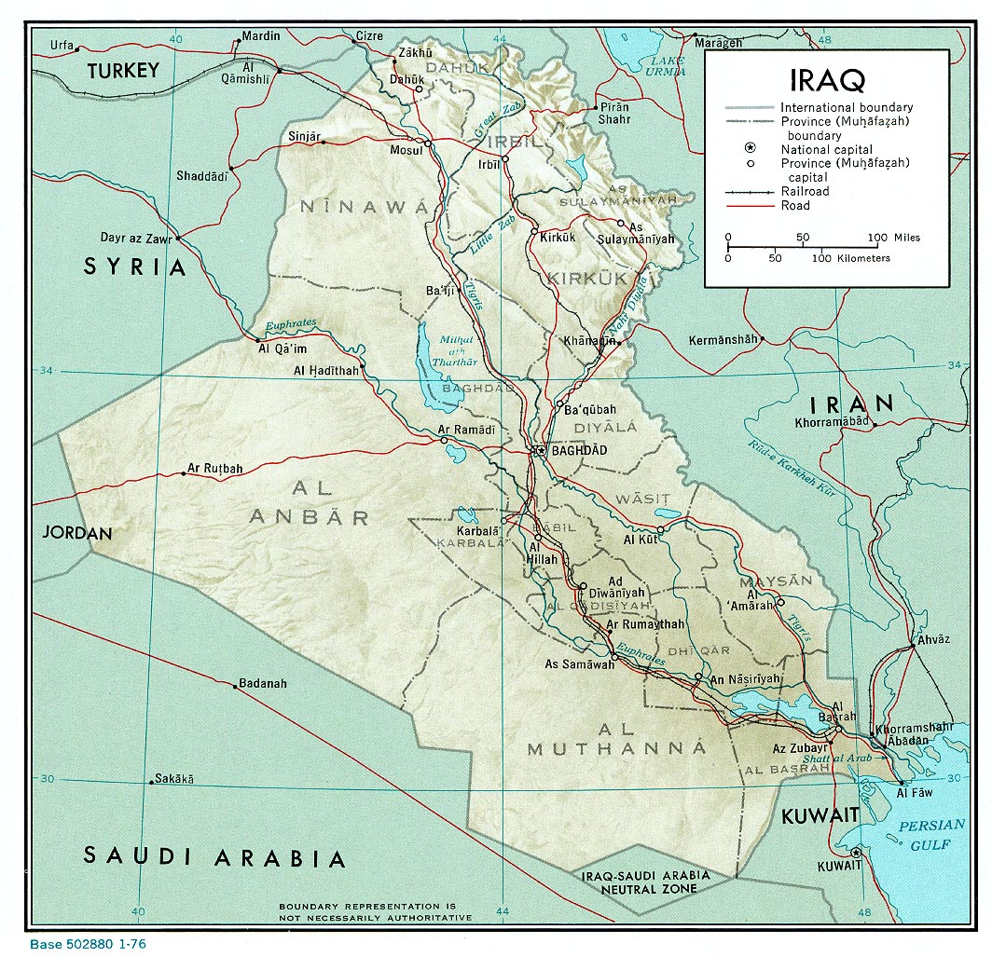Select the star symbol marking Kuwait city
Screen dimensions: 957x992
click(x=856, y=853)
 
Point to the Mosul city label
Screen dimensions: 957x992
click(x=406, y=150)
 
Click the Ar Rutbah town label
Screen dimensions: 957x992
click(x=215, y=468)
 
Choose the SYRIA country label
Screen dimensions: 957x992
click(x=136, y=267)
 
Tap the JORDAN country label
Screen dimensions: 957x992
click(x=76, y=534)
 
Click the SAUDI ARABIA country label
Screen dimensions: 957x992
click(x=214, y=855)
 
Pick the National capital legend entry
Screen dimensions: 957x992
click(x=827, y=149)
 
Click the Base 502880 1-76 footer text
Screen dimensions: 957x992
click(x=88, y=945)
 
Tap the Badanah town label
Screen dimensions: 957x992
click(x=263, y=683)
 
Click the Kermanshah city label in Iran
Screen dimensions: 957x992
click(x=723, y=340)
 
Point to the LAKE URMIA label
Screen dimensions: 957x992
click(x=668, y=66)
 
